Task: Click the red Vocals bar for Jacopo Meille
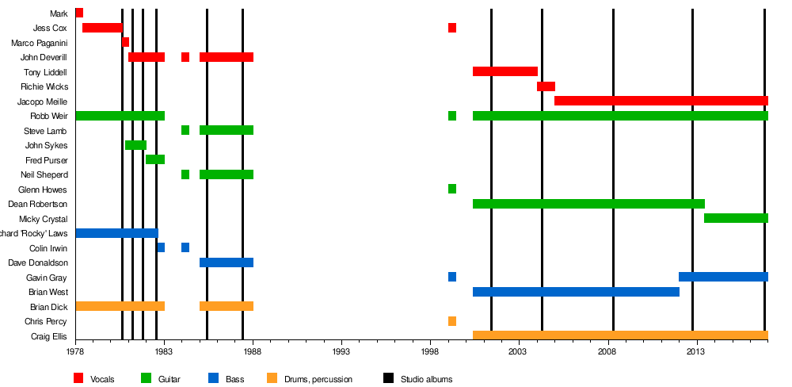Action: (661, 101)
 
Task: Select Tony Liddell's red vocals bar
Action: (505, 71)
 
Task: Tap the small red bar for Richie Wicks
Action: (546, 86)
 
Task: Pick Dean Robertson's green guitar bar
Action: (588, 204)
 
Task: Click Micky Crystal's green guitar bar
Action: (736, 218)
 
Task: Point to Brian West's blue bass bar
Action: (576, 292)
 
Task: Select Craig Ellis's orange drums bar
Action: (620, 335)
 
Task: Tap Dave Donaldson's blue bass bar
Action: (227, 262)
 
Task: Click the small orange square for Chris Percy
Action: (452, 321)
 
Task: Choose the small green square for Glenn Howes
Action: (452, 189)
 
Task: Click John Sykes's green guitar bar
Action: (135, 145)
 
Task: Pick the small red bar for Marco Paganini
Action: (125, 42)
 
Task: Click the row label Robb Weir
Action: (48, 116)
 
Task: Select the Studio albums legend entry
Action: (426, 379)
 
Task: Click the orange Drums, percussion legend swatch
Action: (272, 378)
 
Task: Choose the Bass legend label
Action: (234, 379)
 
